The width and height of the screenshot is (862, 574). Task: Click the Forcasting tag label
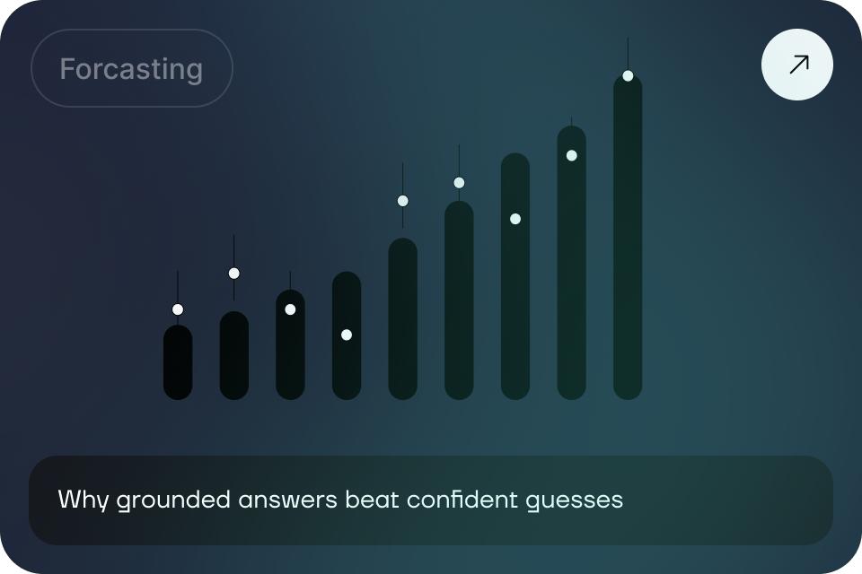[x=131, y=69]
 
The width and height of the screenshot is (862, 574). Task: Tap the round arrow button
[x=797, y=65]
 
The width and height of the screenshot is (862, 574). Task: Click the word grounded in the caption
[x=173, y=500]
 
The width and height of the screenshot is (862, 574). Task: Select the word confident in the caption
[x=462, y=500]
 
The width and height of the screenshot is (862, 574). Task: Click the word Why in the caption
[x=84, y=500]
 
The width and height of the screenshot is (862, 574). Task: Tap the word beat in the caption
[x=372, y=500]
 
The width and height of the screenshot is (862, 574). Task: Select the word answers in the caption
[x=288, y=500]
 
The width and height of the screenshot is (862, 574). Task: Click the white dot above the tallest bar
[x=628, y=76]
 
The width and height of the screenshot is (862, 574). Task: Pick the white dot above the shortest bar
[x=178, y=309]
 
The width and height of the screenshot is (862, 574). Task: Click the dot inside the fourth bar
[x=347, y=335]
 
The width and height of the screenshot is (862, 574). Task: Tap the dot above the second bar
[x=234, y=274]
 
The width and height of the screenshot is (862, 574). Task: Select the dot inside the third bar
[x=290, y=309]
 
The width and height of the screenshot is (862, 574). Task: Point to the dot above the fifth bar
[x=403, y=201]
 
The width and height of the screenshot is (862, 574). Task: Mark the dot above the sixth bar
[x=459, y=183]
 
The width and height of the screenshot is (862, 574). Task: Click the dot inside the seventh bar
[x=515, y=219]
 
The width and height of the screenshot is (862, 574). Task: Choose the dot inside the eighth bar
[x=572, y=156]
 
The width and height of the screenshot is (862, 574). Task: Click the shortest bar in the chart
[x=178, y=362]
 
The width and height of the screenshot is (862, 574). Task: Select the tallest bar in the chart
[x=628, y=237]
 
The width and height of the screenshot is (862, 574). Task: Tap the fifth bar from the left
[x=403, y=318]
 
